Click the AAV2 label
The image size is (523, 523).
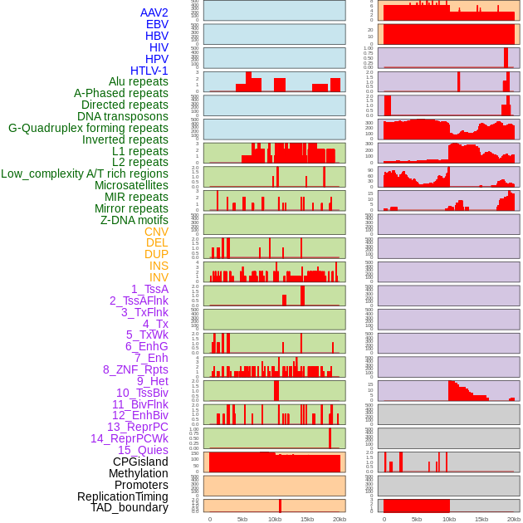(154, 12)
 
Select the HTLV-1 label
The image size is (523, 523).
(149, 71)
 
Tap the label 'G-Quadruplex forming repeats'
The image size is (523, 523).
(88, 128)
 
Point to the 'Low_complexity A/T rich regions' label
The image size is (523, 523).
(85, 174)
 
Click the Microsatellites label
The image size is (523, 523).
(131, 185)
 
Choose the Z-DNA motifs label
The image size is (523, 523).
(134, 220)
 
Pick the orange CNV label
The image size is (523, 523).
(156, 232)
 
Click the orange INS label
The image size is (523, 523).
(159, 266)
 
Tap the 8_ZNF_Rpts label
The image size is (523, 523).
(135, 369)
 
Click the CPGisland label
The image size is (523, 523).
(140, 462)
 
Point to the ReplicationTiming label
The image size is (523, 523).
(122, 496)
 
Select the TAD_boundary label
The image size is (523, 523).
(129, 507)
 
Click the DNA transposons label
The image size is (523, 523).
(123, 116)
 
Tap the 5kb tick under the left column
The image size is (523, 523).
(242, 519)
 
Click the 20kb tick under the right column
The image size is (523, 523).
(514, 519)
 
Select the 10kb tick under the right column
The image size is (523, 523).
(449, 519)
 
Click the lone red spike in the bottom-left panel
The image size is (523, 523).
(280, 506)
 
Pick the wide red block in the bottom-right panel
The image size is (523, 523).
(416, 506)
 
